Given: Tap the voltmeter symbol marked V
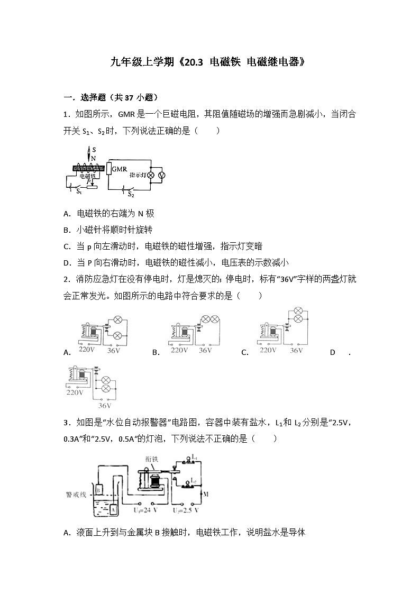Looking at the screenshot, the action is coord(162,175).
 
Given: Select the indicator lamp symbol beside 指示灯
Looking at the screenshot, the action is coord(150,175).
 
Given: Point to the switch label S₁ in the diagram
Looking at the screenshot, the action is coord(79,191).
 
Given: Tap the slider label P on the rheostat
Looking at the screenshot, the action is coord(89,180).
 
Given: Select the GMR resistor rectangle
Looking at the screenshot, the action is coord(109,169).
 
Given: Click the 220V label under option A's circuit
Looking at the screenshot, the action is coord(86,350).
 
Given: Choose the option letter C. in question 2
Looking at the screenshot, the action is coord(244,352).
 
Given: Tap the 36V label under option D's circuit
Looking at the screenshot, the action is coord(105,406).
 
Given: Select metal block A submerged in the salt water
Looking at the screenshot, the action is coord(113,509).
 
